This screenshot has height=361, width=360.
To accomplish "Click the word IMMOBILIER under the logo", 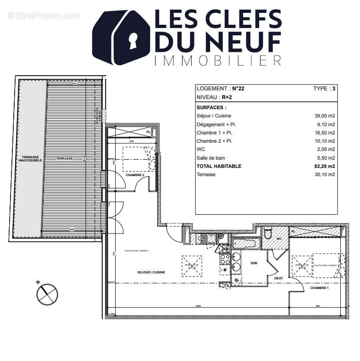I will [x=217, y=60].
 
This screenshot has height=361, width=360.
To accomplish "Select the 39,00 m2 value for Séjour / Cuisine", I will [x=324, y=116].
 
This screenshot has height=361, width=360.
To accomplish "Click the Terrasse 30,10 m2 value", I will [x=324, y=174].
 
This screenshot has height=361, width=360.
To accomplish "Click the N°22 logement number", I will [x=238, y=89].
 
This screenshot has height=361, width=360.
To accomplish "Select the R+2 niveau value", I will [x=227, y=97].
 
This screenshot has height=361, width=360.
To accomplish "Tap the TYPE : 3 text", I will [x=324, y=89].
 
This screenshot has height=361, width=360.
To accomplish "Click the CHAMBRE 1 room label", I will [x=319, y=288].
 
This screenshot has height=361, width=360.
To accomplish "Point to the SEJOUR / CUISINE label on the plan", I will [x=151, y=272].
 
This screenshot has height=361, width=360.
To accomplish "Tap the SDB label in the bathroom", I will [x=254, y=263].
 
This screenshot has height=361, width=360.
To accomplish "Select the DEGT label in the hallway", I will [x=279, y=278].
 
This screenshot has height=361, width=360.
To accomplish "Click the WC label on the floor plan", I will [x=278, y=239].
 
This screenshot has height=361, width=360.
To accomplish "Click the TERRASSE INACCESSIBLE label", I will [x=30, y=159].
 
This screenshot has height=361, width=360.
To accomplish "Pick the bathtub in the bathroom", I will [x=246, y=243].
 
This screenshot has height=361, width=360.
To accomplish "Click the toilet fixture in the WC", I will [x=268, y=233].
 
